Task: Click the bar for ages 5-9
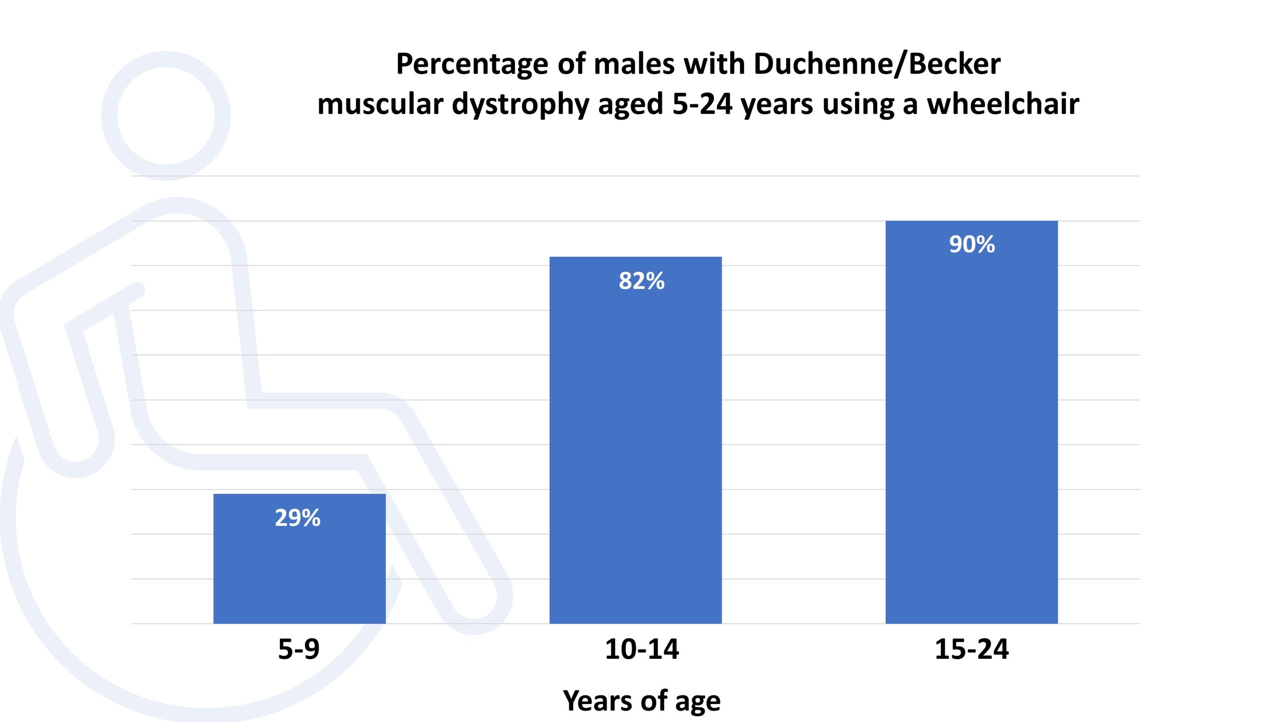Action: [x=299, y=572]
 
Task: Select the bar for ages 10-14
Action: [x=635, y=451]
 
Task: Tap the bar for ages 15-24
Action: [x=972, y=431]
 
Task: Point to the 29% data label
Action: [x=297, y=518]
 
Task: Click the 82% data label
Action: [x=641, y=281]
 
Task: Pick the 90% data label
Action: [x=972, y=245]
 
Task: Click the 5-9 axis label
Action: [x=299, y=649]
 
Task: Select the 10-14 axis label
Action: [x=641, y=649]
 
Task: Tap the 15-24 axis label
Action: [x=972, y=649]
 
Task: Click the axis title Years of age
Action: [x=641, y=700]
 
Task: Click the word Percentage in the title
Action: [x=465, y=65]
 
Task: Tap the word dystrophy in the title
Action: [x=520, y=105]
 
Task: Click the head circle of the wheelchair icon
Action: [x=166, y=115]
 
